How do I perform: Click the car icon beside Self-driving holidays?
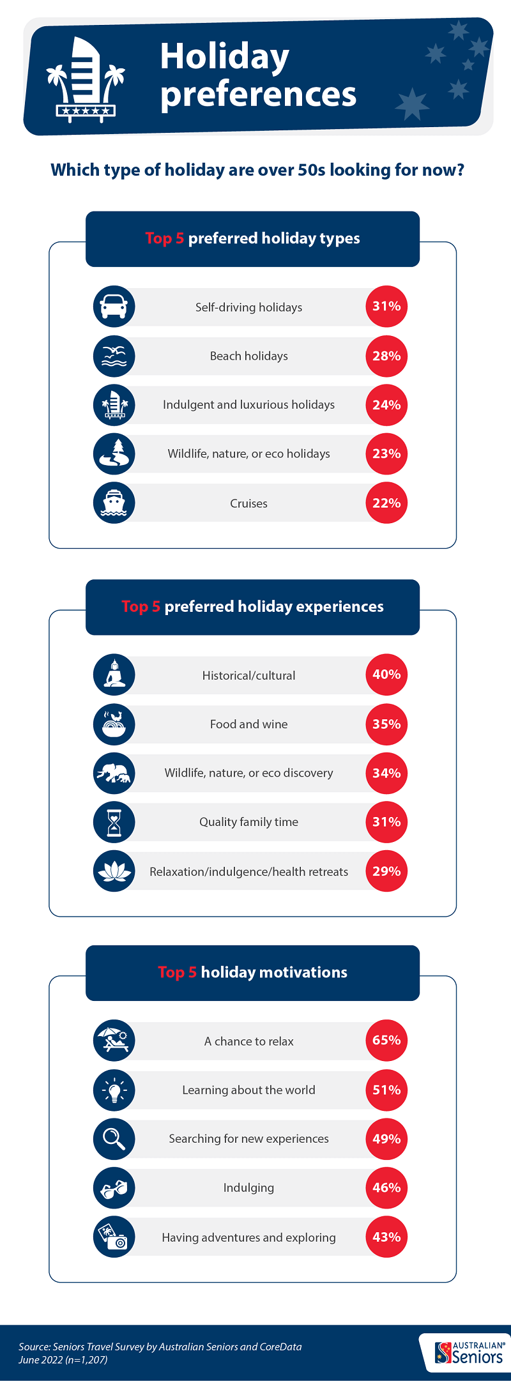114,307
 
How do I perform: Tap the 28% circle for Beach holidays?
386,356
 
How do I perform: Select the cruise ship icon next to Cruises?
114,503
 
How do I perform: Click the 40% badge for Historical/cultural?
386,675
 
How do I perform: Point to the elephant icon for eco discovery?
114,773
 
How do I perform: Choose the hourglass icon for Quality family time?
114,822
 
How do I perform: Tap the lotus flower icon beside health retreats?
114,871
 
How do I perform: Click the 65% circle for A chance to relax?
386,1041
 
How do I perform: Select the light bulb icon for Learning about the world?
114,1090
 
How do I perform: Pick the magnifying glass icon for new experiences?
114,1139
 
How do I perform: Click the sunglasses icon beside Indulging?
114,1188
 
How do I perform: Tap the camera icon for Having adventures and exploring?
114,1237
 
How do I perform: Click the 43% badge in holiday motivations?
386,1237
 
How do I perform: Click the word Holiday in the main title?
224,57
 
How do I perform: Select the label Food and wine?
248,724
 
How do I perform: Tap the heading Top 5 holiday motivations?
252,972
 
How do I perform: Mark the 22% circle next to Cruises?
386,503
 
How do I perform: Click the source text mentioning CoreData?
160,1347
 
